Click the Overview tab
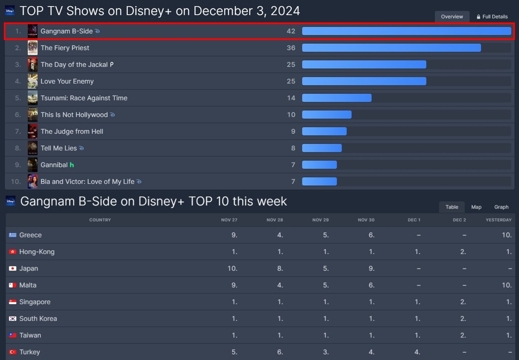[x=452, y=17]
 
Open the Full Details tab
[x=492, y=17]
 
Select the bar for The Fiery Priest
[x=391, y=48]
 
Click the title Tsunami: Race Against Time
[x=84, y=98]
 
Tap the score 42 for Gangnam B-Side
[x=291, y=31]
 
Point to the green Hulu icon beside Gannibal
[x=72, y=165]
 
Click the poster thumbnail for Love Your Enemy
[x=33, y=81]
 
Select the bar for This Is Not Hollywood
[x=327, y=115]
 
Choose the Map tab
[x=476, y=207]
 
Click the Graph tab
[x=501, y=207]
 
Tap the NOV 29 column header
[x=320, y=220]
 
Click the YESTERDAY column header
[x=498, y=220]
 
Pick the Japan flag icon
[x=13, y=269]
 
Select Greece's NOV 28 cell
[x=280, y=235]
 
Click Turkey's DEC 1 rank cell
[x=417, y=352]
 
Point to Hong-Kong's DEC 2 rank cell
[x=463, y=252]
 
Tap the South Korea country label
[x=38, y=319]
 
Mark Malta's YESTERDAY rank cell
[x=506, y=285]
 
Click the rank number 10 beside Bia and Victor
[x=16, y=181]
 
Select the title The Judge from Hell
[x=72, y=131]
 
